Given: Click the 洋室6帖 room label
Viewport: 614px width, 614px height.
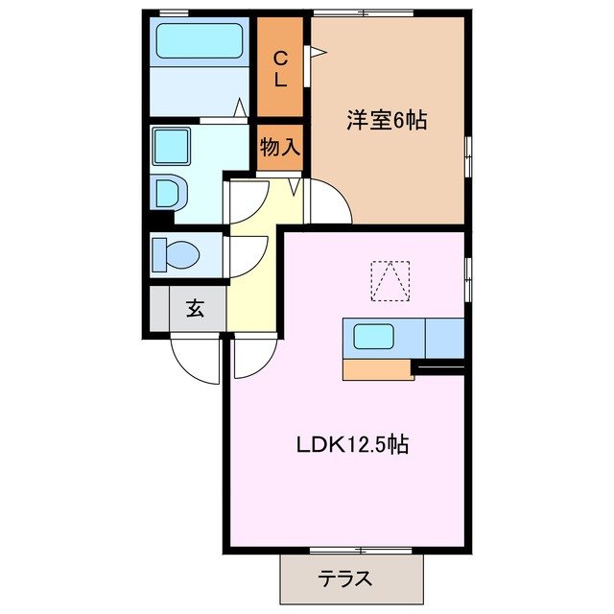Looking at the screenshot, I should [387, 121].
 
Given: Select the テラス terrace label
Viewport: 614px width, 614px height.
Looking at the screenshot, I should [344, 579].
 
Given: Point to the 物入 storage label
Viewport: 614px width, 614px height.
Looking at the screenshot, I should [280, 148].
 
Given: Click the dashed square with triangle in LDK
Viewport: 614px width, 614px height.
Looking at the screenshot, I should [390, 280].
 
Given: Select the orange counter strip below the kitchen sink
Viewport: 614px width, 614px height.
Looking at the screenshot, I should [377, 369].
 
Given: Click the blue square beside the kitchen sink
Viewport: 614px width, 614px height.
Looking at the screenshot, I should [443, 338].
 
